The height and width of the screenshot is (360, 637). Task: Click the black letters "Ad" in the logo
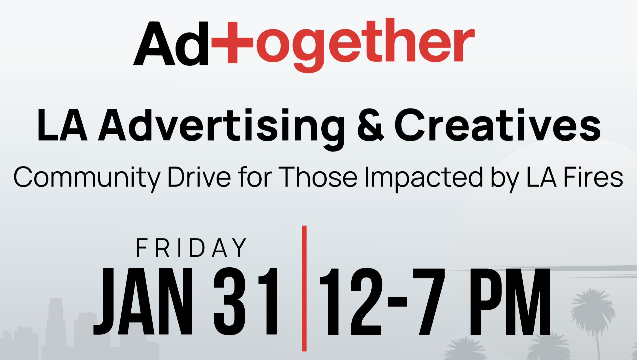coord(171,43)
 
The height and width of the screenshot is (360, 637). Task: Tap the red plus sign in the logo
coord(232,42)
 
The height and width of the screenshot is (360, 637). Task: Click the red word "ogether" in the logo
coord(365,45)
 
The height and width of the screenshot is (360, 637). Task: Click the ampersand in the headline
coord(371,125)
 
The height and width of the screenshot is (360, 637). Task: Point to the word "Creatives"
coord(497,125)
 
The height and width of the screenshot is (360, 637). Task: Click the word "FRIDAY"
coord(191,248)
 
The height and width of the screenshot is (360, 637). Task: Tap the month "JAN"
coord(143,301)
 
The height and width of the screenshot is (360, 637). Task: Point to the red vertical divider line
coord(304,288)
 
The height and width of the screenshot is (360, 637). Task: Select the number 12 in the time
coord(351,301)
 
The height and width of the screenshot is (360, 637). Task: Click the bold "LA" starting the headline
coord(62,125)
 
